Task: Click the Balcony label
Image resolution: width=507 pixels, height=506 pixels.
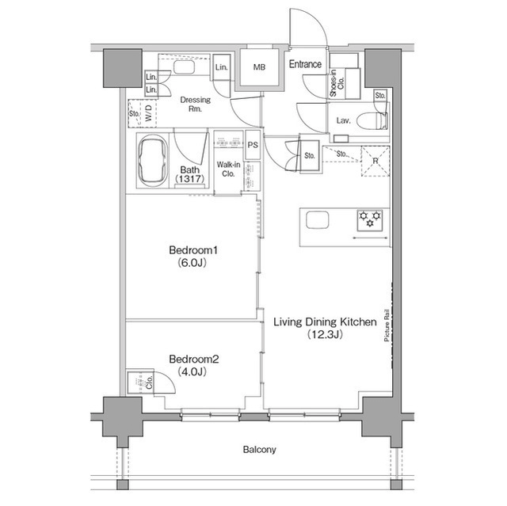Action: coord(259,450)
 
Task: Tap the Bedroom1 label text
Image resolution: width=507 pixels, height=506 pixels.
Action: coord(193,250)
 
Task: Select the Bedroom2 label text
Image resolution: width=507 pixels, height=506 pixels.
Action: coord(193,359)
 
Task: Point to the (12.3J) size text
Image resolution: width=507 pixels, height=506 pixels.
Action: coord(324,334)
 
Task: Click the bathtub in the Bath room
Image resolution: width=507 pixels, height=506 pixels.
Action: coord(153,161)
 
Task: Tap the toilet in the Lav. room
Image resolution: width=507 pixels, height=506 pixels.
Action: coord(372,120)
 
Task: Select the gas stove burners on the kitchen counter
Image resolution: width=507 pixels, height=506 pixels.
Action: coord(370,220)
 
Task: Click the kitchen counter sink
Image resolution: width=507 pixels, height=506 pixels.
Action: coord(318,219)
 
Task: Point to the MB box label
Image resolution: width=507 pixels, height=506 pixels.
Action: coord(259,67)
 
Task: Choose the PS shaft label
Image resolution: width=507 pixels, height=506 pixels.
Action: coord(253,145)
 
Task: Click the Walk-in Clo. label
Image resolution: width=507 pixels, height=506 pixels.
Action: coord(229,169)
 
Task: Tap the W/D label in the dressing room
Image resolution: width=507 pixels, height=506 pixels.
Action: coord(148,113)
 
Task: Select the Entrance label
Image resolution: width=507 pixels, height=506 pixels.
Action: coord(305,64)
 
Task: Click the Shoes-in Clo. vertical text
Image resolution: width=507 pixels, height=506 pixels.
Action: coord(337,83)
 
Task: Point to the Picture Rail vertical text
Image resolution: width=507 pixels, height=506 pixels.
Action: coord(387,325)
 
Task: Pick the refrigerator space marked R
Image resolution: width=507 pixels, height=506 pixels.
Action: coord(375,161)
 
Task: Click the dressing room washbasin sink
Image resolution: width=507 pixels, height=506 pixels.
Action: coord(184,67)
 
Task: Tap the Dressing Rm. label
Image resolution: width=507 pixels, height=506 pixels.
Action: coord(196,104)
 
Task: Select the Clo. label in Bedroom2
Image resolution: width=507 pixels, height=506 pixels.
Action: coord(150,382)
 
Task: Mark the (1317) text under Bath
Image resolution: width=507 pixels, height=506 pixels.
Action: coord(190,178)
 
